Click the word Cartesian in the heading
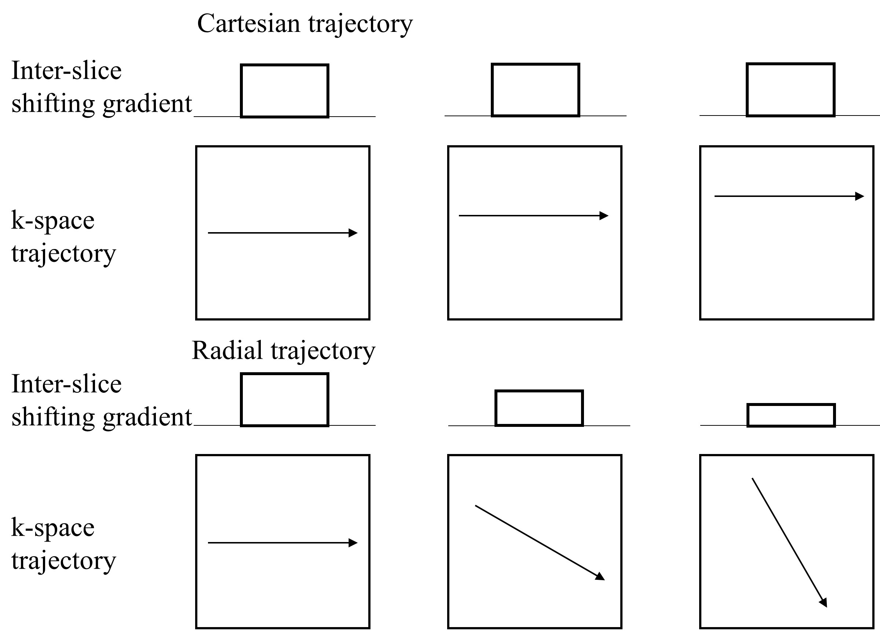(x=248, y=24)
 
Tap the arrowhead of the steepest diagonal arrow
(x=824, y=603)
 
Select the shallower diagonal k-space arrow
(x=539, y=542)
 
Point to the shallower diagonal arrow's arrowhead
(x=600, y=576)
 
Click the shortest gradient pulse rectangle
(x=791, y=415)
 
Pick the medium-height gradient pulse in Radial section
(x=539, y=408)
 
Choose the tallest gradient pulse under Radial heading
(x=284, y=400)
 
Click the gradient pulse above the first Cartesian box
(x=284, y=91)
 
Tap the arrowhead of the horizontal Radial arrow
(x=353, y=543)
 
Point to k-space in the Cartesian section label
(x=53, y=220)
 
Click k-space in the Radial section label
(x=53, y=528)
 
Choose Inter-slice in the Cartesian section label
(x=66, y=71)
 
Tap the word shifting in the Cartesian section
(x=53, y=104)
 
